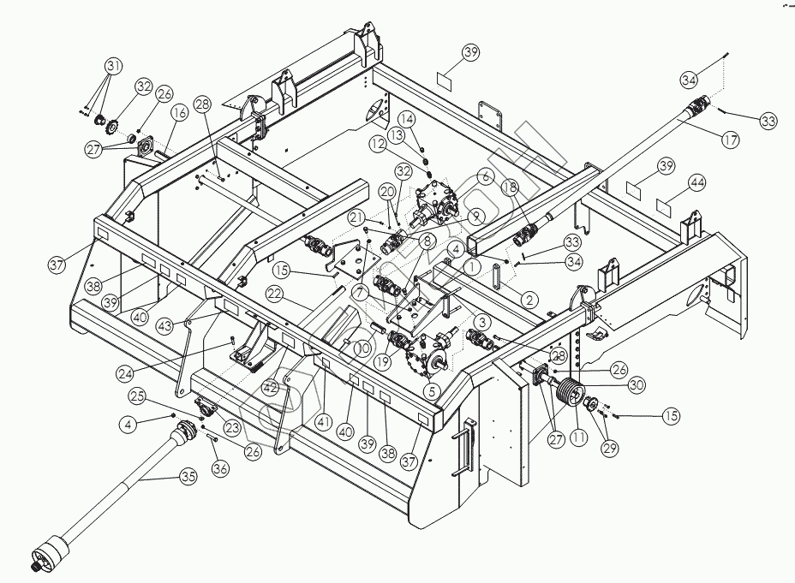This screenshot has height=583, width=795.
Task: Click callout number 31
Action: click(x=114, y=66)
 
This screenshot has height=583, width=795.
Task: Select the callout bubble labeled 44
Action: click(x=697, y=183)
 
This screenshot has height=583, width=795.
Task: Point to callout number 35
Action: click(x=186, y=477)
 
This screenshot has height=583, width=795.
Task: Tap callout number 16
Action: click(x=178, y=112)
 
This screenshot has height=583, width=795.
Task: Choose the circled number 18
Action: click(x=509, y=187)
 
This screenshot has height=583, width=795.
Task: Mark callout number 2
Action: click(x=529, y=299)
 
